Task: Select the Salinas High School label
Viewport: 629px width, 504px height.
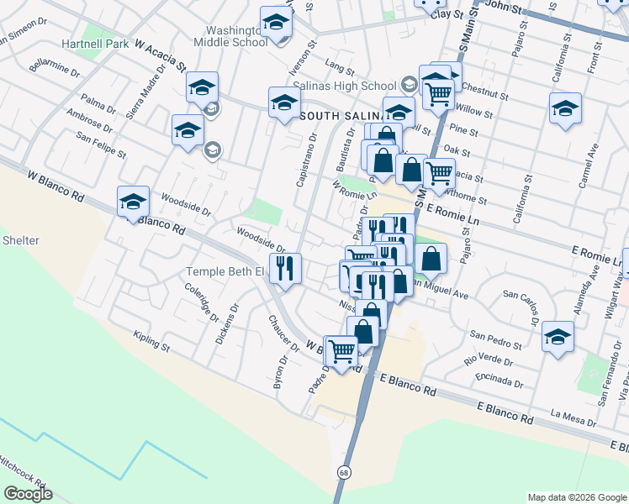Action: pos(353,86)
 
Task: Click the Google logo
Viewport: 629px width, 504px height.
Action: pos(28,494)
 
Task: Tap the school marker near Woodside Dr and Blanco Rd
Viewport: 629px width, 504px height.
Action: pos(133,202)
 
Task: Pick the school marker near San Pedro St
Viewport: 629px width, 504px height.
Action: pos(558,338)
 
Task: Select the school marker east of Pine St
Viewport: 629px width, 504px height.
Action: pos(565,109)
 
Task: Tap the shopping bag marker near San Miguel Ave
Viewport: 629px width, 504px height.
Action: pos(431,260)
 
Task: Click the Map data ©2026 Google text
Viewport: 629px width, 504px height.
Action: pos(576,497)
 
